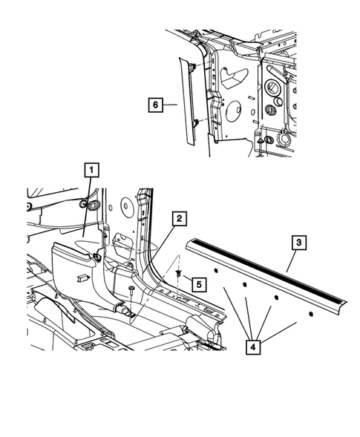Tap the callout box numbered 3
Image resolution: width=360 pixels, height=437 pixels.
tap(297, 243)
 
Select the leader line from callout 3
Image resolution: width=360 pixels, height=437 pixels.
tap(282, 263)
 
